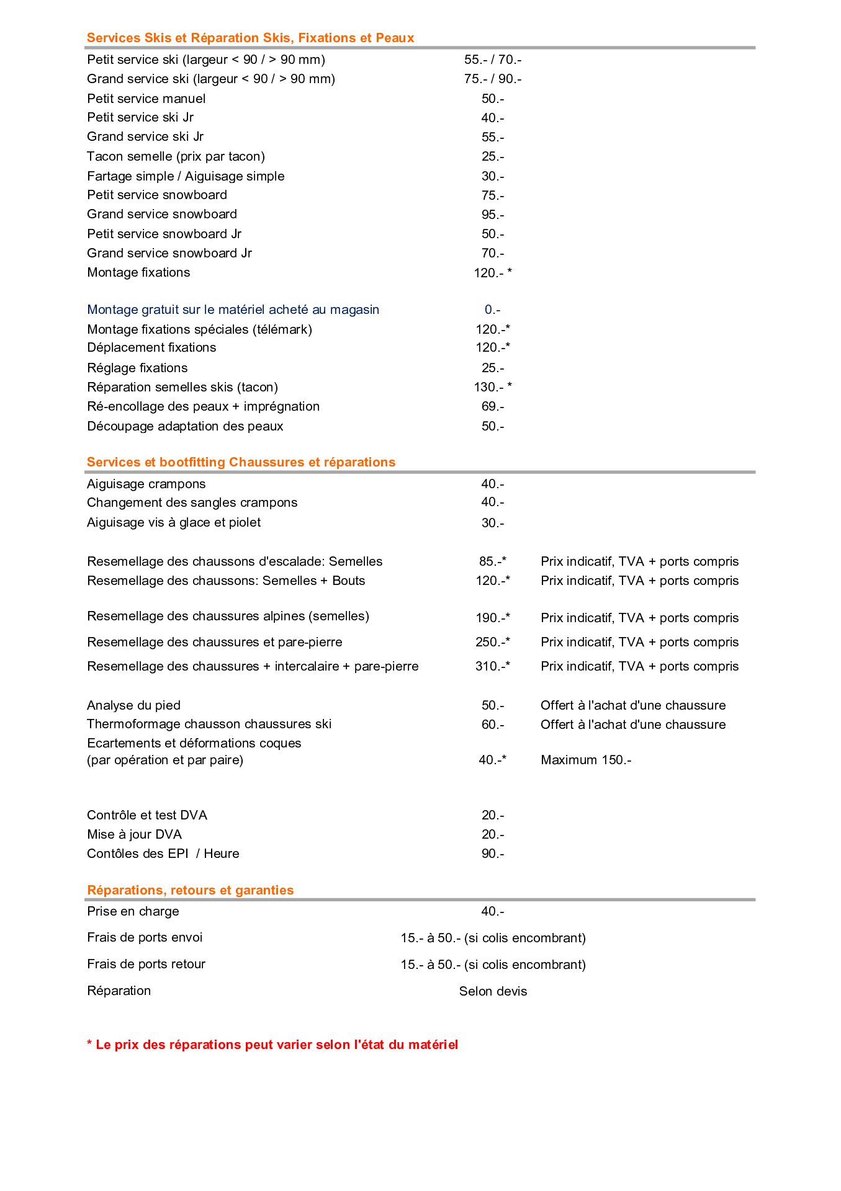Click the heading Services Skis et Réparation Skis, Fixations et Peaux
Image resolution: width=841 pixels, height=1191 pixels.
[250, 38]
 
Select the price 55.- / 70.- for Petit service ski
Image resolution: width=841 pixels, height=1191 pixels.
[492, 60]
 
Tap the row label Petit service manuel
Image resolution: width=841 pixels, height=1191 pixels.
[146, 99]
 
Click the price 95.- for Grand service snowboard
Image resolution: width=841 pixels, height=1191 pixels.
[492, 215]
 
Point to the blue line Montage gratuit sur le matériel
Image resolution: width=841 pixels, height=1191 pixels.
[233, 310]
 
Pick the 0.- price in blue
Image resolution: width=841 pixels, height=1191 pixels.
[492, 310]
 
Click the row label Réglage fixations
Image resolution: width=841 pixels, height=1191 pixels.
[137, 368]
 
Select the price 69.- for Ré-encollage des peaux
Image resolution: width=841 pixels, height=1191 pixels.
[492, 406]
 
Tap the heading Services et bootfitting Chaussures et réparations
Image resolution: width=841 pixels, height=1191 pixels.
[241, 462]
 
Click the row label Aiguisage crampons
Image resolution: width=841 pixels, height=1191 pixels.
[146, 484]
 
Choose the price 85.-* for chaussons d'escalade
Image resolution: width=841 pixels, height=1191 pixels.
[492, 561]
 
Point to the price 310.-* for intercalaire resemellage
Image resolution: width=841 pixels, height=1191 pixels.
[492, 666]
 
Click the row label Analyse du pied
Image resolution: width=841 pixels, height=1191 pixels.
[133, 705]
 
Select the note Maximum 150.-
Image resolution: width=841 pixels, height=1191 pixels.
[585, 760]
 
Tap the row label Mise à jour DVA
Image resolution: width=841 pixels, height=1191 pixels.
[134, 834]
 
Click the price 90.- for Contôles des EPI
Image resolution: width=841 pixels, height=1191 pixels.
[492, 854]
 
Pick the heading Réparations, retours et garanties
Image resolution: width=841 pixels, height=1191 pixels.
[190, 890]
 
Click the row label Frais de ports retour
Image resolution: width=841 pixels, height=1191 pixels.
[146, 964]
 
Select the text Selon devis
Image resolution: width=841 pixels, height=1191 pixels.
[493, 991]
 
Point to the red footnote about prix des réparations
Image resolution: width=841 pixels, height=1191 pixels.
[272, 1045]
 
